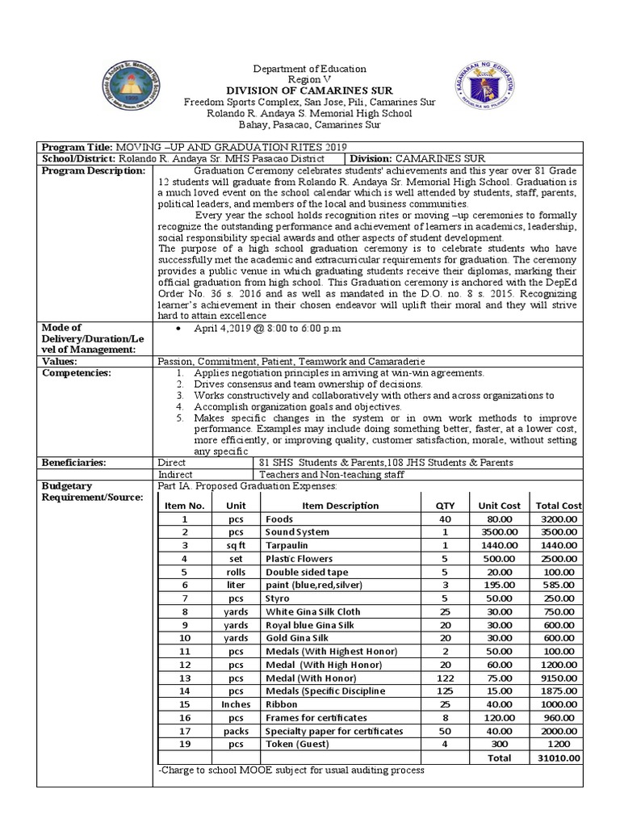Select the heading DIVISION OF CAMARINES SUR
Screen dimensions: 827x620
pos(309,91)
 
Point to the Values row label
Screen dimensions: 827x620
pos(61,362)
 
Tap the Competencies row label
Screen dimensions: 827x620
pos(76,373)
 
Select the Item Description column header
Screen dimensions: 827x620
pos(340,506)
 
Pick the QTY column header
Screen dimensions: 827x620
pos(446,506)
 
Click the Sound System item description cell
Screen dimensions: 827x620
pos(297,532)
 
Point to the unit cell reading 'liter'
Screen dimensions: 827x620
pos(235,585)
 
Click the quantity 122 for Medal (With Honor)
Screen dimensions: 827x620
pos(446,678)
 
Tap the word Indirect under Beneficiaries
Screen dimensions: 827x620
pos(177,475)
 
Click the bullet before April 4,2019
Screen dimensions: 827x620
pos(176,330)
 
